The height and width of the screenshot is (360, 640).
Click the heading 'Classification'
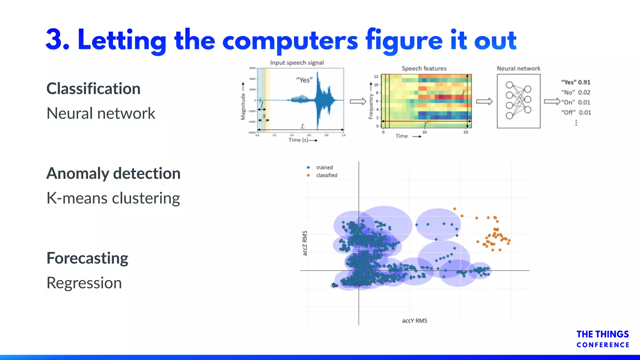click(93, 89)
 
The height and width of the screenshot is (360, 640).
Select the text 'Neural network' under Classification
click(101, 113)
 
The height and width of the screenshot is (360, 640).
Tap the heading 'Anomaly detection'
click(113, 173)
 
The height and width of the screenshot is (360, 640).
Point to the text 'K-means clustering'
click(113, 198)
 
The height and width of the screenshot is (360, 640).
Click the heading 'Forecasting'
click(87, 258)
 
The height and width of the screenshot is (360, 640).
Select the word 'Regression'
click(84, 283)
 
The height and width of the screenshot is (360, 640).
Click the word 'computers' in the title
click(290, 41)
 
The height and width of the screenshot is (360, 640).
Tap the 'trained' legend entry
click(324, 167)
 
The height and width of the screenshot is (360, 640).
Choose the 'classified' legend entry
click(326, 175)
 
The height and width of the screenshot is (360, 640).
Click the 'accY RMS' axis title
click(414, 321)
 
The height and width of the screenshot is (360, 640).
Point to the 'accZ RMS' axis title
click(305, 243)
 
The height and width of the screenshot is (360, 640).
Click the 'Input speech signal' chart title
click(297, 63)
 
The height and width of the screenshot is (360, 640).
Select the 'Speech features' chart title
click(424, 68)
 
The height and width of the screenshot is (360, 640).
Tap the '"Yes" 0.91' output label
click(576, 82)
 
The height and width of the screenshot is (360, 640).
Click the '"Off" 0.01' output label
click(576, 112)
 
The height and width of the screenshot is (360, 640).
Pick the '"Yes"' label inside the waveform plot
click(304, 80)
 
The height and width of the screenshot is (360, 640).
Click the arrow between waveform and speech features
click(358, 102)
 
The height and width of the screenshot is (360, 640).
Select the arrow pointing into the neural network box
click(484, 102)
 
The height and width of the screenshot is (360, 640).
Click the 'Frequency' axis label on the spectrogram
click(371, 107)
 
